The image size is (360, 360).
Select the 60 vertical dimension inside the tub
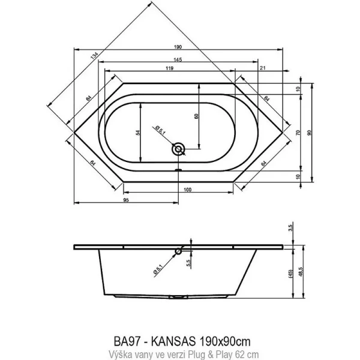pyautogui.click(x=195, y=117)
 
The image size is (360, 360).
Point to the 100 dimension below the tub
pyautogui.click(x=187, y=190)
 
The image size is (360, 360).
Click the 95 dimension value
pyautogui.click(x=127, y=200)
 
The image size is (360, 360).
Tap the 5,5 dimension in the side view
pyautogui.click(x=188, y=262)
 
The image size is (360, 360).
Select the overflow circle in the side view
pyautogui.click(x=178, y=252)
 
